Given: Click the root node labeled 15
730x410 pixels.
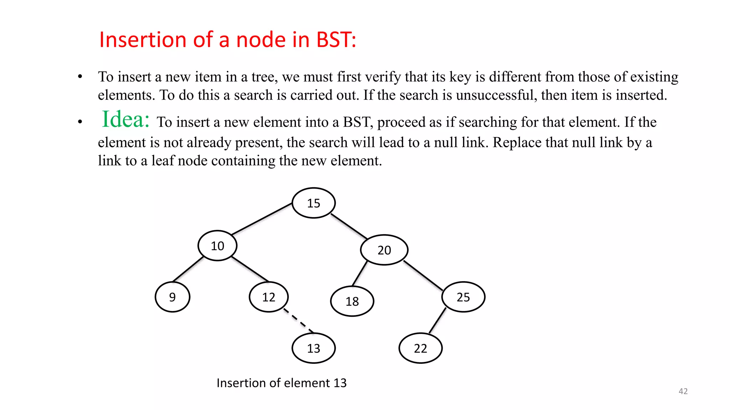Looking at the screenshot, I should pos(314,203).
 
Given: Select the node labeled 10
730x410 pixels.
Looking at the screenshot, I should pos(217,246).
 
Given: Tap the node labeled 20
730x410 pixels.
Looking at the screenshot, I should pos(384,250).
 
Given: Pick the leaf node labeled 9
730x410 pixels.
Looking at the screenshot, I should pos(173,297).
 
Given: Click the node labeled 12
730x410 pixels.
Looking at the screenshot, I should pos(269,297).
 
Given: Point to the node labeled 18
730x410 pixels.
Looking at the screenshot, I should pos(352,301).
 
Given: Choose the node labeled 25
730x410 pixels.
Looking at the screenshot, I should pos(463,297).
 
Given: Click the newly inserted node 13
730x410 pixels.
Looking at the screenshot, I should pos(314,348).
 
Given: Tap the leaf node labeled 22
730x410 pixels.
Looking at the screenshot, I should pos(421,348).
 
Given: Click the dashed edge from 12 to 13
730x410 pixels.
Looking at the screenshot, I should pos(299,321).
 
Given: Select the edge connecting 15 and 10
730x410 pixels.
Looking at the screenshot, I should pos(262,219).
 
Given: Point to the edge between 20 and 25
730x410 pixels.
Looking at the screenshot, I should pos(423,276).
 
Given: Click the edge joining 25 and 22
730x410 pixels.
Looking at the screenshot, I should pos(437,321).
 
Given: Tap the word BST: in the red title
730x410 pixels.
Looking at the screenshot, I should pos(336,40).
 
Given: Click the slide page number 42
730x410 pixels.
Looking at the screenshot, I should pos(683,391).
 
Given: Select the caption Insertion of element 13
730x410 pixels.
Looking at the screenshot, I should pos(282,383).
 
